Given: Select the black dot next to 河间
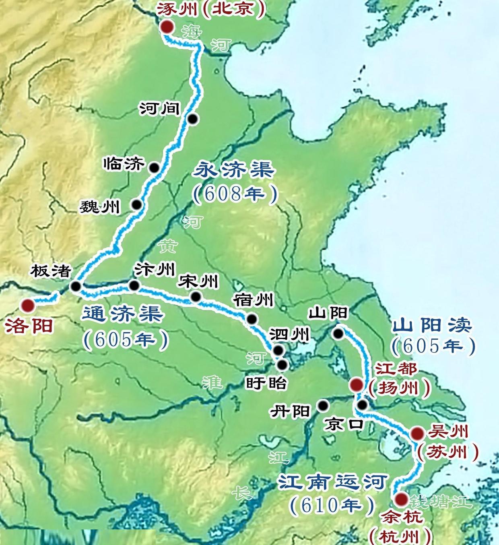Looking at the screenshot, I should [193, 119].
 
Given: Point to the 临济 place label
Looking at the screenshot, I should [124, 164].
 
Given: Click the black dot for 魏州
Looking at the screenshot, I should [137, 205].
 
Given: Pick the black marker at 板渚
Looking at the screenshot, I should [75, 286].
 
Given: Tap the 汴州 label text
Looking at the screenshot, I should [155, 270].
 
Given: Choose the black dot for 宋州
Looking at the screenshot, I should [196, 297].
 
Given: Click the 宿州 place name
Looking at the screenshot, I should [253, 300].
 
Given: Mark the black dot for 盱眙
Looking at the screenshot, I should [282, 365].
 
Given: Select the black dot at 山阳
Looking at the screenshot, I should [338, 333].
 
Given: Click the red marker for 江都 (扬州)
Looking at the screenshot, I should [356, 385].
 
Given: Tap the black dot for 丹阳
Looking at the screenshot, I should [323, 405].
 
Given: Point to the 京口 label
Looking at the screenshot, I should [344, 424].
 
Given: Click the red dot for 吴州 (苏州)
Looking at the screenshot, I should [417, 434].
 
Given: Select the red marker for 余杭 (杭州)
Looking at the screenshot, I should [400, 500].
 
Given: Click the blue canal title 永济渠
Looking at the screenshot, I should [234, 170].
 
